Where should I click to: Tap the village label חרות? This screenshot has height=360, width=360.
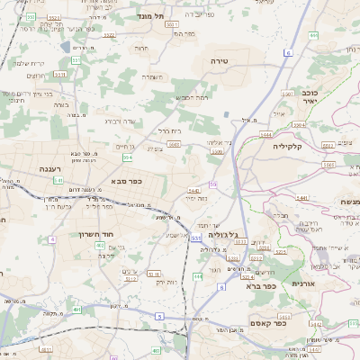141,47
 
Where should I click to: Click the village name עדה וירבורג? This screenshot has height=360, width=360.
120,120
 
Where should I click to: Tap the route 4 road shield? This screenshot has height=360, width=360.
52,238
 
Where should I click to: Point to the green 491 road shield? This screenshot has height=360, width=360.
77,309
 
